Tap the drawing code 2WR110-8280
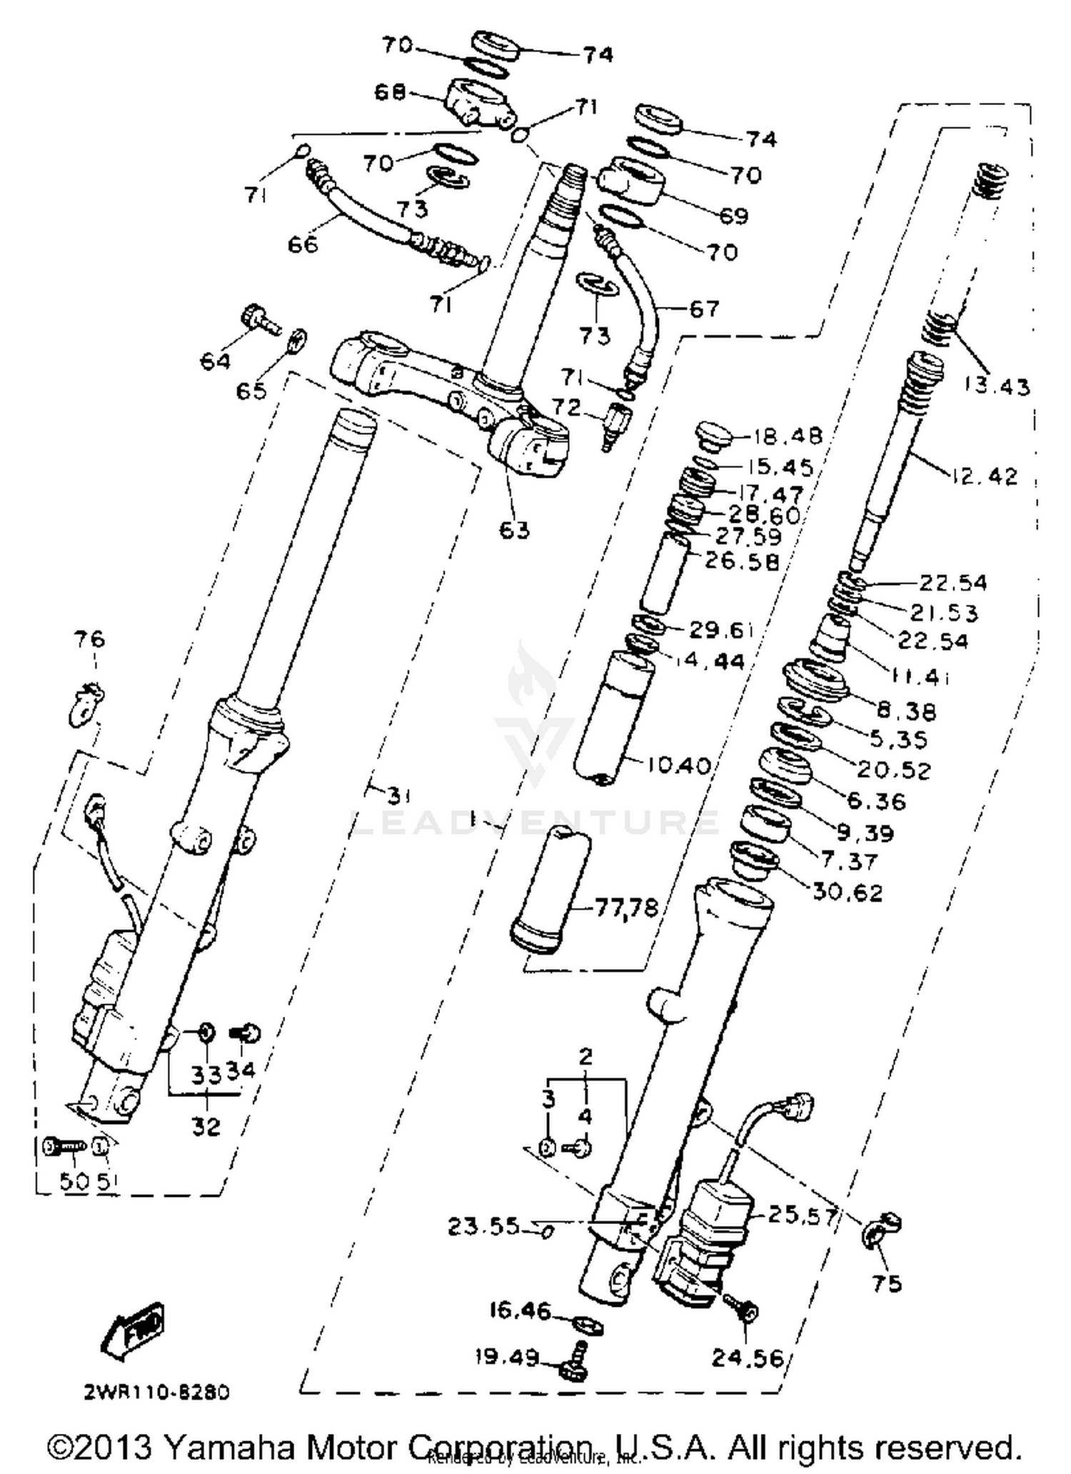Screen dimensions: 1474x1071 [156, 1392]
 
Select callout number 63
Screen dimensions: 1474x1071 [514, 529]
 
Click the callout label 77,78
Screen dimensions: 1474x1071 [626, 908]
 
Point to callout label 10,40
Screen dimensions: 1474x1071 [678, 766]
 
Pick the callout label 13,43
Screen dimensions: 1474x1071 [997, 386]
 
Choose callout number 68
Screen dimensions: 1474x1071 [390, 92]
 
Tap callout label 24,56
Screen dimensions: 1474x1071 [747, 1358]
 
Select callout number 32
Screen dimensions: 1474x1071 [206, 1126]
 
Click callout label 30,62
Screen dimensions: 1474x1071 [848, 892]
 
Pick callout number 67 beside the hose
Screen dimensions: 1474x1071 [703, 309]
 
